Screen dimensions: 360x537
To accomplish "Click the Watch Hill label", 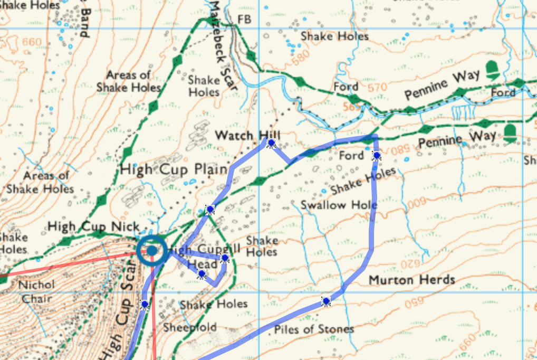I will [x=247, y=136].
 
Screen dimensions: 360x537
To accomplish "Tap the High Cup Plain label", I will [x=174, y=170].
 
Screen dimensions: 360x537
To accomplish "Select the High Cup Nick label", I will [x=93, y=227].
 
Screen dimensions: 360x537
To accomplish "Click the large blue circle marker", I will [x=152, y=251].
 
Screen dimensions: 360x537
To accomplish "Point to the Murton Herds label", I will [x=411, y=279].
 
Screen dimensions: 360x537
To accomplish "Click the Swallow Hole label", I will [x=339, y=205].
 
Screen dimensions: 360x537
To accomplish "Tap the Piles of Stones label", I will [x=314, y=329].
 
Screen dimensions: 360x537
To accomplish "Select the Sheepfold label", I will [x=189, y=327].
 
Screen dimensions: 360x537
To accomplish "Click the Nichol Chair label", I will [x=36, y=291].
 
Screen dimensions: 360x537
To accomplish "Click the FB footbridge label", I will [x=245, y=20].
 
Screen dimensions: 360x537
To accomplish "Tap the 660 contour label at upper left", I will [x=32, y=43].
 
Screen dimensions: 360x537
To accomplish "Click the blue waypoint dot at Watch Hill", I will [x=271, y=143].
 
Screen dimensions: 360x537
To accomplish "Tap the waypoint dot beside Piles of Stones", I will [x=326, y=301].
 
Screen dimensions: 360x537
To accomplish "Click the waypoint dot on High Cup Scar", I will [x=145, y=304].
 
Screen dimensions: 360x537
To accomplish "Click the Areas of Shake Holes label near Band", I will [x=128, y=81].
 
